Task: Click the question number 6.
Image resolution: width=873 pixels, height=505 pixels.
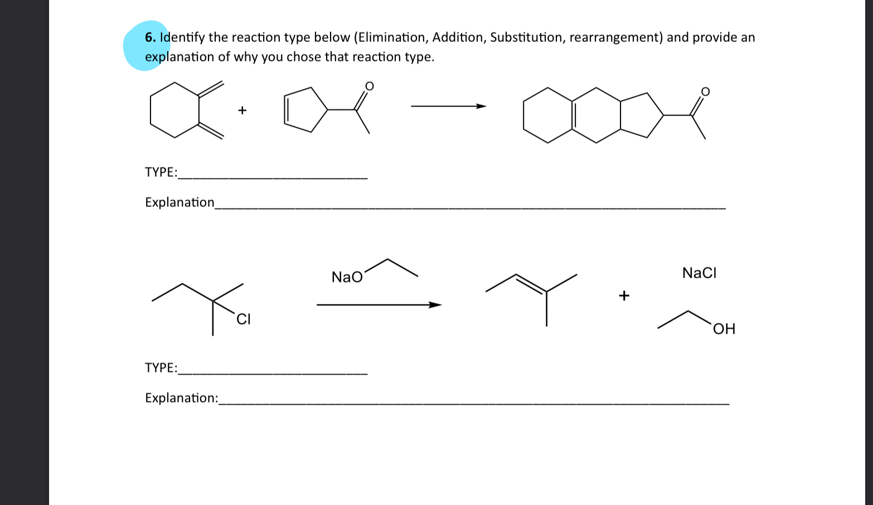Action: coord(150,38)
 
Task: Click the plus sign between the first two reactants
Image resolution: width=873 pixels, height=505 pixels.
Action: coord(242,110)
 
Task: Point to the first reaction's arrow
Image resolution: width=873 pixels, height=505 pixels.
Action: coord(448,106)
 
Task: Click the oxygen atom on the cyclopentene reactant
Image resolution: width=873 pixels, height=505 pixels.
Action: coord(369,86)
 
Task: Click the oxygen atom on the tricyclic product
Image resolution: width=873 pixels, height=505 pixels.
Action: coord(705,91)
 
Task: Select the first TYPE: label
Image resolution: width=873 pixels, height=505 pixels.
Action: coord(161,172)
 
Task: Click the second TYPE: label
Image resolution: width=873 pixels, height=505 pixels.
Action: coord(161,368)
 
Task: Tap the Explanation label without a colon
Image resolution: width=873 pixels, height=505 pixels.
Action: coord(180,202)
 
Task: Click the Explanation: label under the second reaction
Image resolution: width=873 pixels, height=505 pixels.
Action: coord(181,398)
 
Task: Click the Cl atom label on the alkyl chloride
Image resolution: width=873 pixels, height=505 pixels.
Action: coord(244,319)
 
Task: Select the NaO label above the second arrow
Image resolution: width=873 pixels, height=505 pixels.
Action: coord(347,277)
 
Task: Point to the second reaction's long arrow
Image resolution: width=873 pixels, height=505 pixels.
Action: coord(379,305)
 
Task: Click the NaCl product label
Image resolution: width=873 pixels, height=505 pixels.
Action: coord(699,273)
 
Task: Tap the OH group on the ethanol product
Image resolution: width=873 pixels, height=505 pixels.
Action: coord(724,329)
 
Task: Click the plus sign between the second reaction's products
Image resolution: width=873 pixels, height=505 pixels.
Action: coord(624,295)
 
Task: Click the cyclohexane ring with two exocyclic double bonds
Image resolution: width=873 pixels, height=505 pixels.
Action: coord(174,110)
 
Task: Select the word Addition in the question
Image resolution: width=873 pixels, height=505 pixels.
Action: coord(458,37)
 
